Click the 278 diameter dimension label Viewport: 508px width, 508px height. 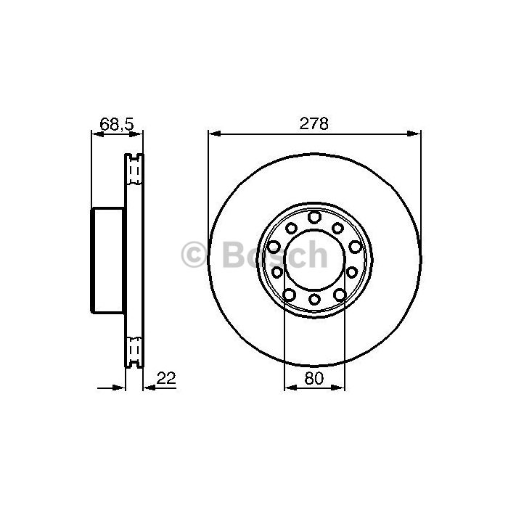point(314,124)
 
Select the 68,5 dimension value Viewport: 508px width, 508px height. point(117,124)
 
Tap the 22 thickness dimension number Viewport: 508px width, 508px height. point(166,378)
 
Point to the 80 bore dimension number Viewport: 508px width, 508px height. point(314,378)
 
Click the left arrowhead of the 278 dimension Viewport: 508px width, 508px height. point(216,134)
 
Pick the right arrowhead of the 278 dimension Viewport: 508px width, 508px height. point(414,134)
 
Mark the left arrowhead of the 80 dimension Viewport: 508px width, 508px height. point(291,388)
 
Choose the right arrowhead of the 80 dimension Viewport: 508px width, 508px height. point(338,388)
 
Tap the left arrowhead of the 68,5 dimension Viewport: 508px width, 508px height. point(99,134)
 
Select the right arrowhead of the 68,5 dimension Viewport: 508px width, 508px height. point(136,134)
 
